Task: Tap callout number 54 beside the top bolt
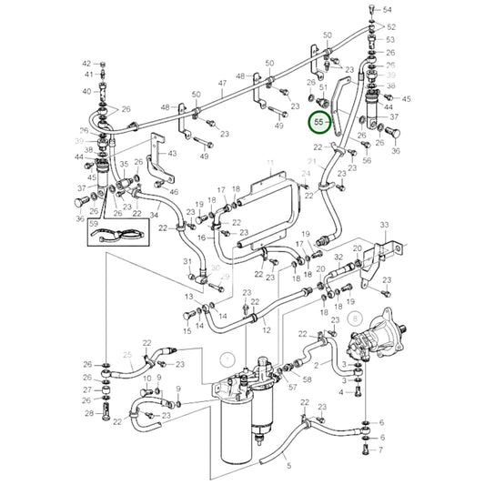click(x=389, y=9)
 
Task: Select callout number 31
click(x=186, y=262)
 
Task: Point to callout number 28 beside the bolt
click(x=89, y=414)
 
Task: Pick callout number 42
click(x=87, y=64)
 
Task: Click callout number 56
click(x=368, y=160)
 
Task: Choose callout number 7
click(x=381, y=449)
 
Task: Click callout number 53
click(x=389, y=40)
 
